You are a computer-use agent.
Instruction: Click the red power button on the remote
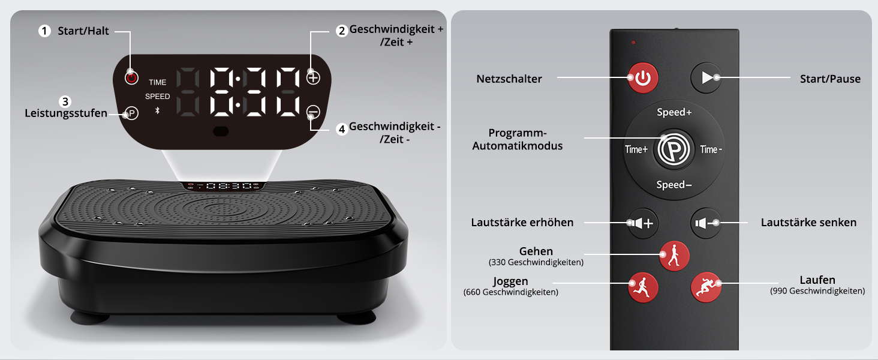643,78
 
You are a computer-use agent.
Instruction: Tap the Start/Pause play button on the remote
706,77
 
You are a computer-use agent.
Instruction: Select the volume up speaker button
643,223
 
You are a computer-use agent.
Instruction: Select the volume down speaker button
705,223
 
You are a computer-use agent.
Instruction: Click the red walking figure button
674,256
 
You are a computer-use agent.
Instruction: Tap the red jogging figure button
644,287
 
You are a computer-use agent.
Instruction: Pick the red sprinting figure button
706,287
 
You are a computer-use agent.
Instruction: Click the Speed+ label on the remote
674,112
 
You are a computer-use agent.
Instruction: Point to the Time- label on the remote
711,149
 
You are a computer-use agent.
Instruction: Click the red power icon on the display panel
132,77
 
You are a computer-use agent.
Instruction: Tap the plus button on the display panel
313,77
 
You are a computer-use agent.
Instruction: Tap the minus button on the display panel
313,112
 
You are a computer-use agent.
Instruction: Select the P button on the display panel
132,113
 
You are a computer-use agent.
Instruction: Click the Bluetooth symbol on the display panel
157,110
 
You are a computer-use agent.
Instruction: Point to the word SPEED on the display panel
158,97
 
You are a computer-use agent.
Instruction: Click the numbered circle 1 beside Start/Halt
45,31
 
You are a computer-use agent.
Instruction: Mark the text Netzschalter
509,79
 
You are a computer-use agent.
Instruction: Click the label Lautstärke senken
808,223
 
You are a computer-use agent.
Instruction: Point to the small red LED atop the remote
633,43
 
